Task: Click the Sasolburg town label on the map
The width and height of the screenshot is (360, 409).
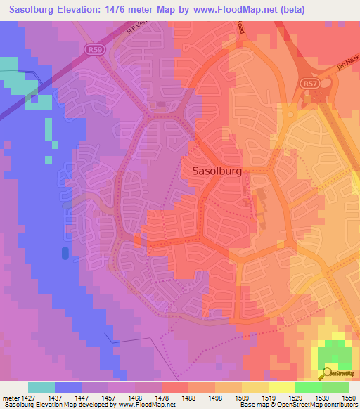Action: point(217,170)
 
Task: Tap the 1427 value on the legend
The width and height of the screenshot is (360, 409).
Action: point(27,397)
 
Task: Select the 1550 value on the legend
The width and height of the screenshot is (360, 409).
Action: point(348,397)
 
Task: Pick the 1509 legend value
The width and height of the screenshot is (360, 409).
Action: point(241,397)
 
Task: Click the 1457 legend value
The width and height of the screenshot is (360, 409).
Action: point(108,397)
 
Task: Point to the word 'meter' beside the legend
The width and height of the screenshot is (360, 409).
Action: point(9,397)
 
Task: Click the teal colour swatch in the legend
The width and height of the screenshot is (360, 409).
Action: point(41,387)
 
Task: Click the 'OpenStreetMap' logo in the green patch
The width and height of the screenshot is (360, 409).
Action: point(338,373)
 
